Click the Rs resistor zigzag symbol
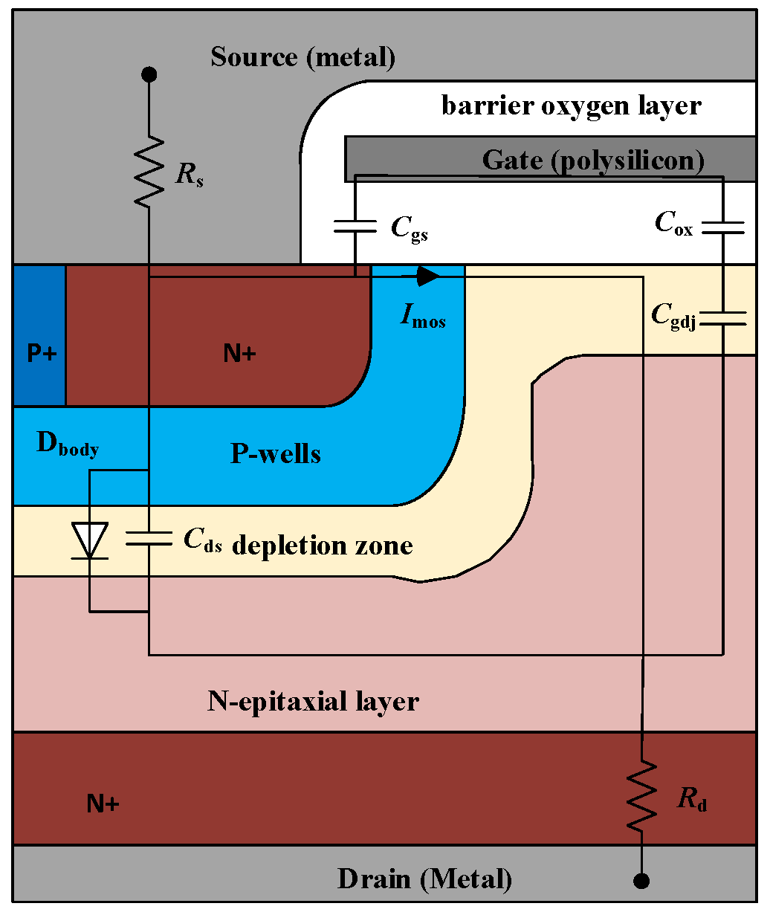[x=149, y=172]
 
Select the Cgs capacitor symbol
[x=355, y=226]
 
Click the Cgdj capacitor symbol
[x=722, y=318]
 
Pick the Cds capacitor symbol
[x=149, y=538]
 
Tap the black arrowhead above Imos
[x=428, y=276]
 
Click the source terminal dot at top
[x=149, y=74]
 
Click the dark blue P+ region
[x=40, y=335]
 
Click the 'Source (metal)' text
[x=302, y=57]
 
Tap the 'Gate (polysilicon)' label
[x=593, y=160]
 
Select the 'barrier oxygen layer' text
[x=571, y=106]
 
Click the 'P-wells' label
[x=276, y=453]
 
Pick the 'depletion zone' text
[x=323, y=546]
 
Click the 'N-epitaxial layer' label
[x=313, y=701]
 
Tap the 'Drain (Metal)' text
[x=424, y=879]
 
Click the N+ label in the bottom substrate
[x=103, y=803]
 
